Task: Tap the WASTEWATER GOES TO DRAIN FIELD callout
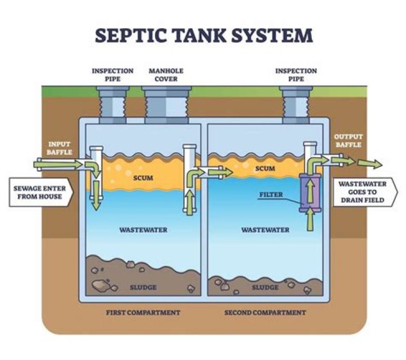(x=364, y=192)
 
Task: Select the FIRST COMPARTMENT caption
(x=143, y=312)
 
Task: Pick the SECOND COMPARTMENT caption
(x=265, y=312)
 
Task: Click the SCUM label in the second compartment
(x=265, y=168)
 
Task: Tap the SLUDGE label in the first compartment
(x=142, y=287)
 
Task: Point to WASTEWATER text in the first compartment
(x=143, y=230)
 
